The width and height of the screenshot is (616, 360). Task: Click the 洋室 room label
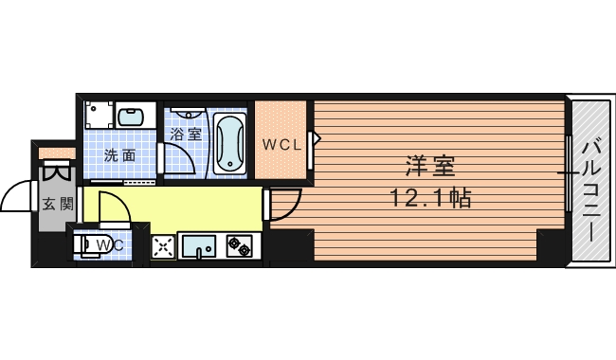(x=430, y=166)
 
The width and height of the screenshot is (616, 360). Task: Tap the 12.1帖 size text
(x=430, y=197)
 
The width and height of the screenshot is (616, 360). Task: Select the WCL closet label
(x=281, y=145)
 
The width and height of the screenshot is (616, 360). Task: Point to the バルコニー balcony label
(x=593, y=192)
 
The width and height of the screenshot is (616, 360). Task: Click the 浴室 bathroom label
(x=186, y=135)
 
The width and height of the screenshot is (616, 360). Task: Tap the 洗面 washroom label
(x=119, y=155)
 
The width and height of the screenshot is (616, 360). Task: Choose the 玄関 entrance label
(x=58, y=204)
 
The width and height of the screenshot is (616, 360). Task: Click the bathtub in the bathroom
(x=230, y=144)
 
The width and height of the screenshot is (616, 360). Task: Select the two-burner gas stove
(x=239, y=246)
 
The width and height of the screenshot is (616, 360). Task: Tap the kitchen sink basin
(x=197, y=246)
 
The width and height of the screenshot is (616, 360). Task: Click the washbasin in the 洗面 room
(x=131, y=117)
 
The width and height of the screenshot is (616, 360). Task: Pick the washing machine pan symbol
(x=99, y=115)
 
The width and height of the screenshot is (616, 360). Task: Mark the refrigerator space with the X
(x=163, y=247)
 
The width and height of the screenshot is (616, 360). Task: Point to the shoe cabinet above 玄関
(x=57, y=153)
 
